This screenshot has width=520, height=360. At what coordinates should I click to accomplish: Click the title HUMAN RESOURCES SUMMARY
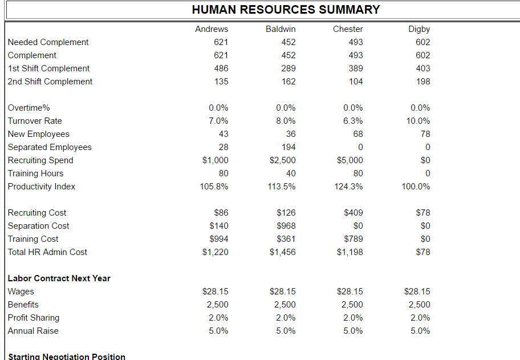click(x=286, y=10)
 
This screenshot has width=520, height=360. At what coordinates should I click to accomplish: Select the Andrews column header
click(x=212, y=29)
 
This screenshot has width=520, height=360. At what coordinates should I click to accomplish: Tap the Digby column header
click(x=419, y=29)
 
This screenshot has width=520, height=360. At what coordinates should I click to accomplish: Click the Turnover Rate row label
click(x=35, y=121)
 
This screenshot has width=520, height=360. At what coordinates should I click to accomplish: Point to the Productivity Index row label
click(x=42, y=187)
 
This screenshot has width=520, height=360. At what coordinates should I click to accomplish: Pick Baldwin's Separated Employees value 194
click(x=289, y=147)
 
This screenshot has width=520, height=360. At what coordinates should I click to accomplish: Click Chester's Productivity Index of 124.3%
click(x=348, y=187)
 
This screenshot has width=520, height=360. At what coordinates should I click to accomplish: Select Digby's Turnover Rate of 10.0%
click(x=420, y=121)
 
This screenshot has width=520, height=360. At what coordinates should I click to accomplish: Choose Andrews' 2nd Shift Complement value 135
click(x=221, y=82)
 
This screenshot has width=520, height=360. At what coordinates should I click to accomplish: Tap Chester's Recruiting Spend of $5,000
click(x=350, y=160)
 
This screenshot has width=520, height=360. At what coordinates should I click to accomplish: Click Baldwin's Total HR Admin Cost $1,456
click(x=283, y=252)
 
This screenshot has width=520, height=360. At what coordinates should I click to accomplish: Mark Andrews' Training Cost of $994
click(x=219, y=239)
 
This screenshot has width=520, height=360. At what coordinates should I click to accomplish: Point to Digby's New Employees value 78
click(x=425, y=134)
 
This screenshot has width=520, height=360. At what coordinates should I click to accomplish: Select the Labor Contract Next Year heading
click(x=59, y=278)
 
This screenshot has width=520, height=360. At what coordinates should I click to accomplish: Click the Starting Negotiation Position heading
click(x=67, y=357)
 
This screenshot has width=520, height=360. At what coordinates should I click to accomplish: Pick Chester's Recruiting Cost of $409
click(x=354, y=213)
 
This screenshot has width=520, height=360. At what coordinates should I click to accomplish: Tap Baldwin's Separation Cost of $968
click(x=286, y=226)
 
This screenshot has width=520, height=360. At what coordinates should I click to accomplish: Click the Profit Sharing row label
click(x=34, y=318)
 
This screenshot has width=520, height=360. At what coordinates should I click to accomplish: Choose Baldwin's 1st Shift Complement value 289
click(x=289, y=68)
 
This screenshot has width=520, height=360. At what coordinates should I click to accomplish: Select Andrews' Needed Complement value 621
click(x=221, y=42)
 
